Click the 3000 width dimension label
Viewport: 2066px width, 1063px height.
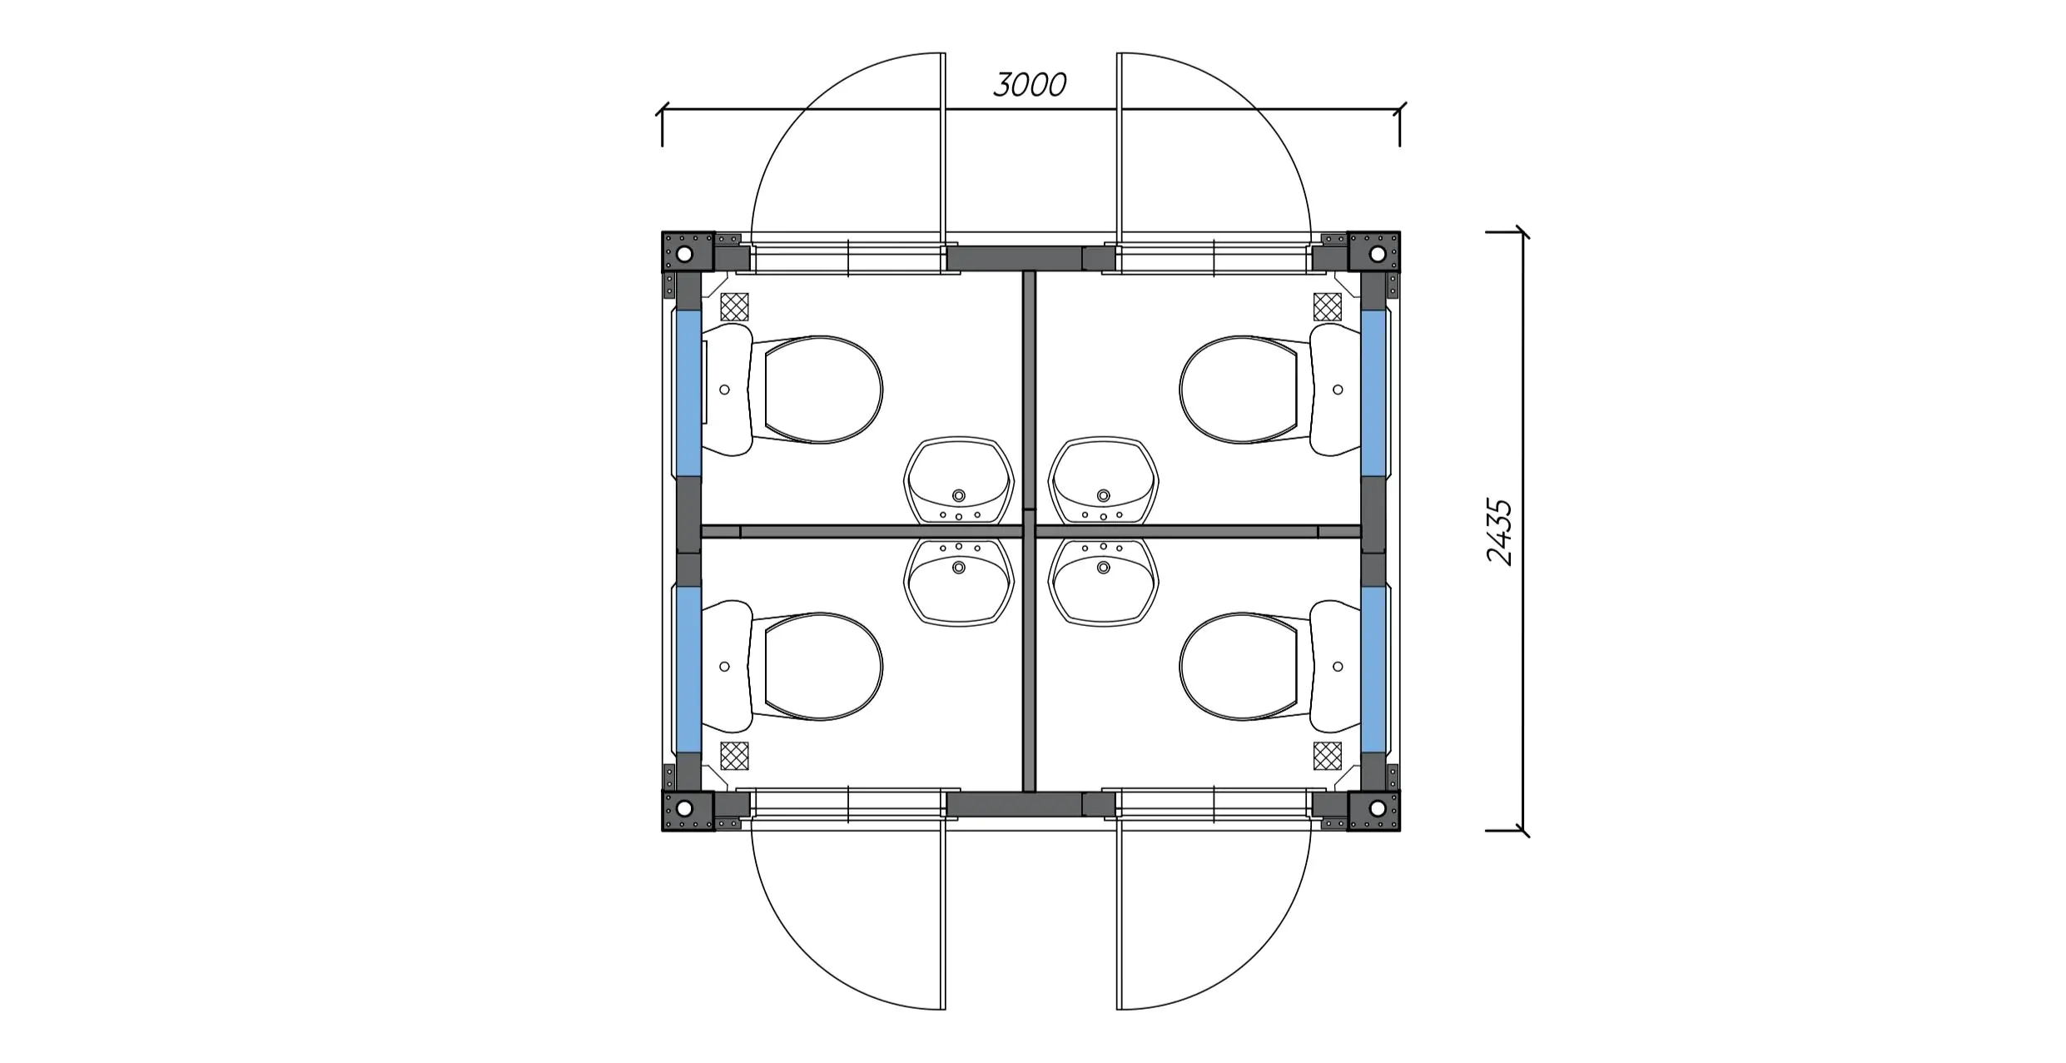click(x=1030, y=85)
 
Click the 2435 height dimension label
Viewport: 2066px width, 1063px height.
click(x=1499, y=532)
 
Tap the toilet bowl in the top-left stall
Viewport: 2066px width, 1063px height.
click(x=822, y=390)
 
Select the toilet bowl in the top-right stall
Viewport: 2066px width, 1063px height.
click(x=1239, y=390)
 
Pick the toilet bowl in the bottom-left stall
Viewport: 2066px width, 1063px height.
click(x=822, y=667)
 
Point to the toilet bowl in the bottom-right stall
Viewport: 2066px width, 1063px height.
click(x=1239, y=667)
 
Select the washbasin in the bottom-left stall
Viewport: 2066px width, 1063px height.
click(x=959, y=582)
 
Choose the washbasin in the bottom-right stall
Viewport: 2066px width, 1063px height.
click(x=1104, y=582)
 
